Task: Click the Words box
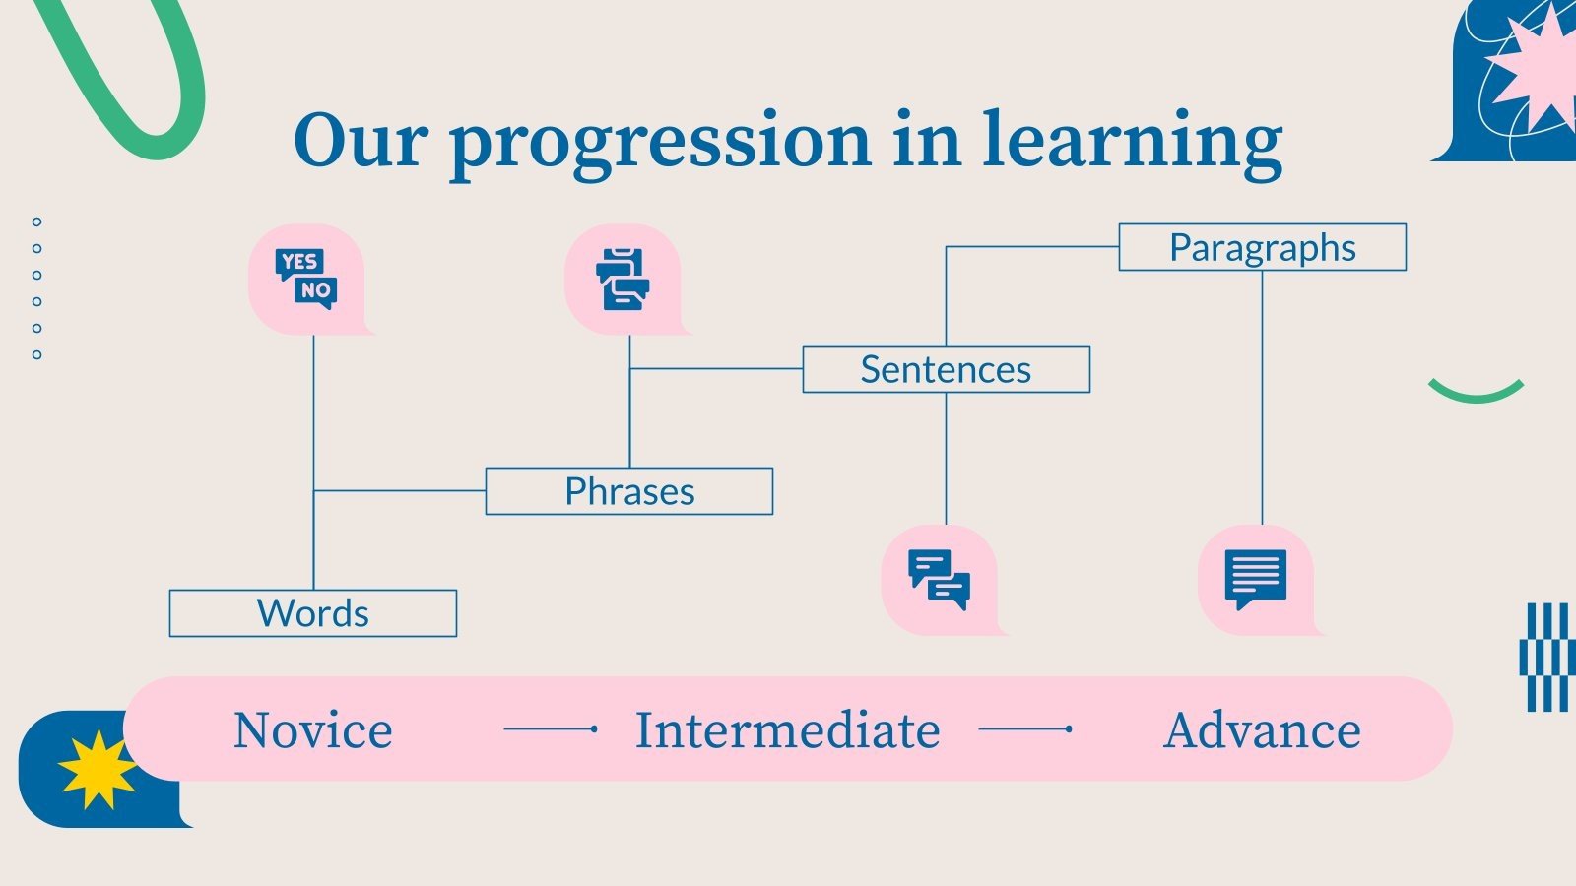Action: click(x=313, y=613)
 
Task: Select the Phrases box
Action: click(x=629, y=491)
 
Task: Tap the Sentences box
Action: click(x=946, y=369)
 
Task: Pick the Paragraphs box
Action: click(x=1262, y=247)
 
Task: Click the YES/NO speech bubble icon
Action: click(x=306, y=280)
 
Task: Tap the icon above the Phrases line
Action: click(x=623, y=280)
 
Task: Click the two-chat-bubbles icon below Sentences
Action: click(x=940, y=580)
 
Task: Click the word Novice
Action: click(x=313, y=730)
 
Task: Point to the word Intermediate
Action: click(x=788, y=730)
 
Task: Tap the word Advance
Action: click(x=1262, y=730)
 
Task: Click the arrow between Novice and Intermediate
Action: click(x=551, y=729)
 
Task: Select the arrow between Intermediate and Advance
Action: click(x=1025, y=729)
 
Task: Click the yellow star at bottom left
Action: click(x=97, y=769)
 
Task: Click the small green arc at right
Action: click(x=1476, y=392)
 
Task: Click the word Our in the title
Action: click(x=361, y=140)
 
